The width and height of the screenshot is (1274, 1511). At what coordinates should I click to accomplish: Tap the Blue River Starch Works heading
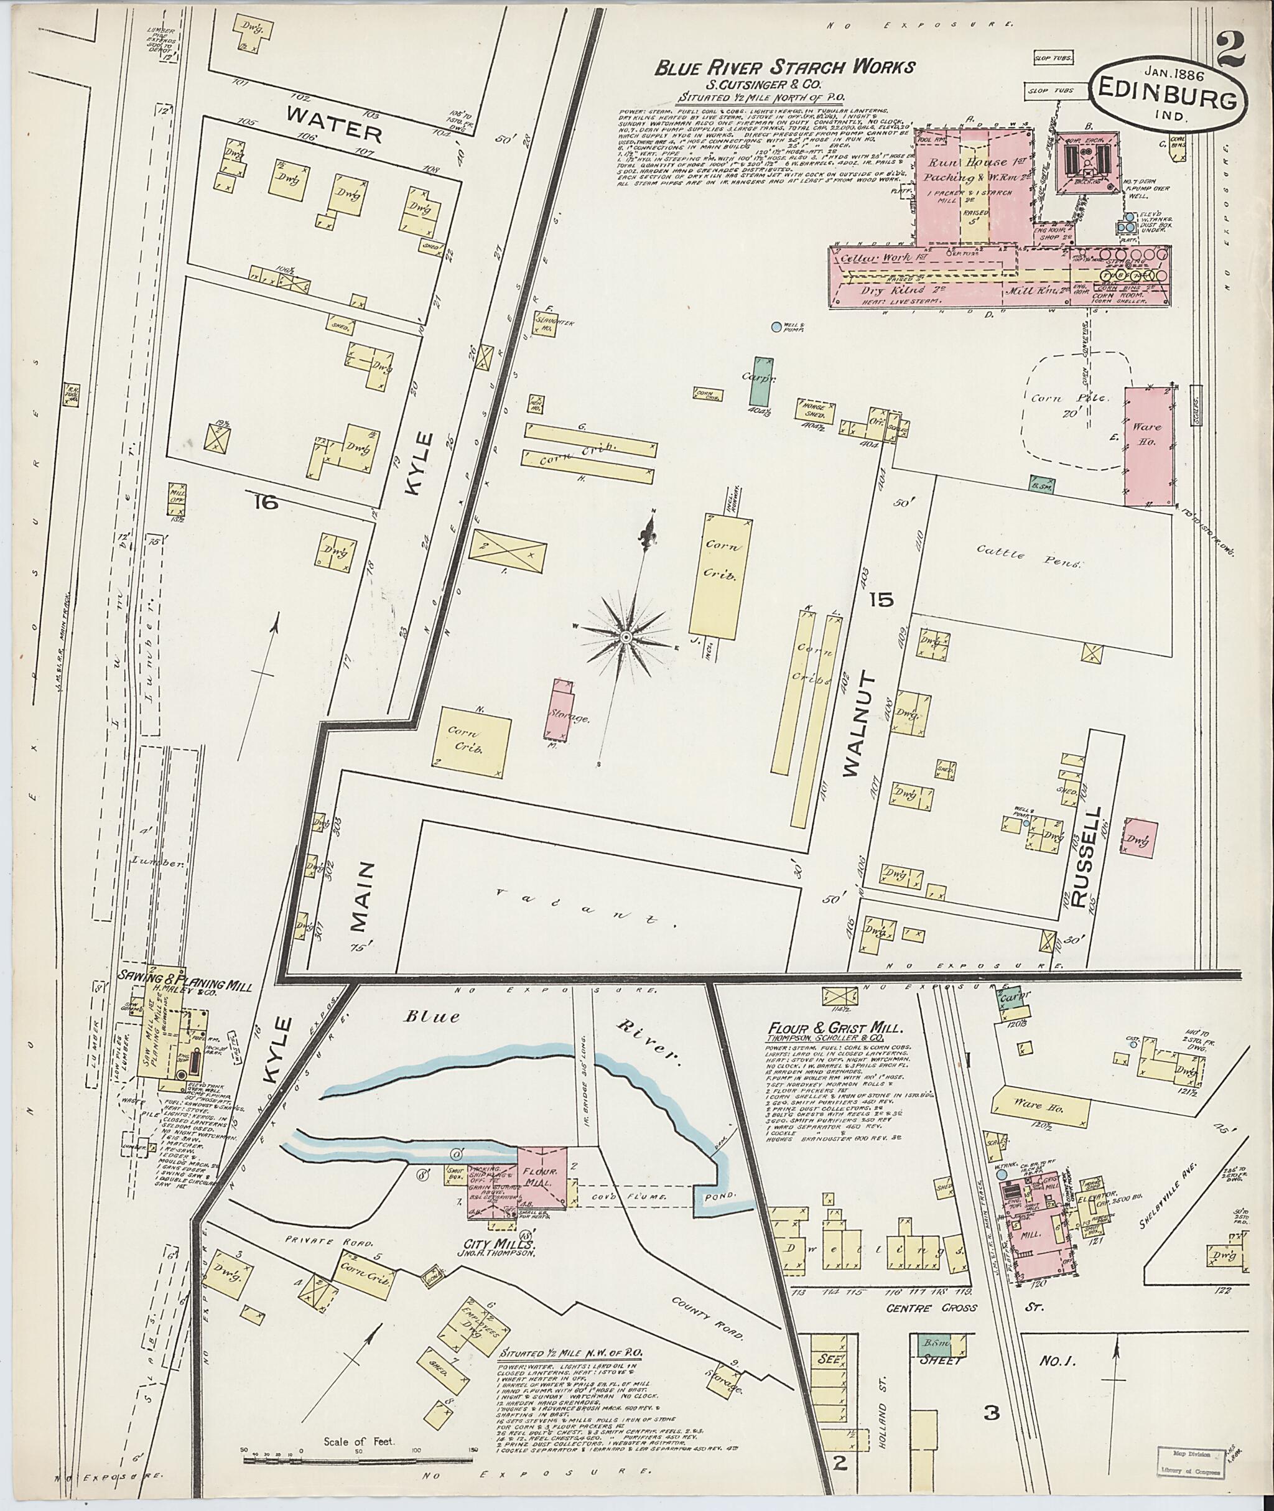click(x=784, y=68)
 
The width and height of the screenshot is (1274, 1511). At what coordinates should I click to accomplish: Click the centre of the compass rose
click(x=625, y=636)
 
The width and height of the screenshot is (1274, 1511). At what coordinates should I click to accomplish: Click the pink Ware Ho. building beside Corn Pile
click(x=1147, y=445)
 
